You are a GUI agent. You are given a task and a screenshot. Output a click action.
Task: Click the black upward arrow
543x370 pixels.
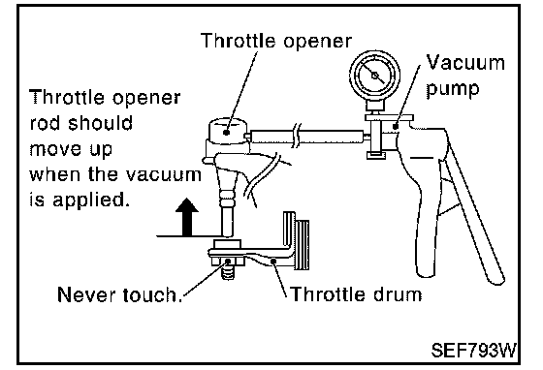pyautogui.click(x=187, y=217)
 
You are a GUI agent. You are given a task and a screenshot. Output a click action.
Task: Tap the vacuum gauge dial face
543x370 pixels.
pyautogui.click(x=374, y=75)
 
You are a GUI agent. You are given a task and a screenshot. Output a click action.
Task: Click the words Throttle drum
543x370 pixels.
pyautogui.click(x=356, y=294)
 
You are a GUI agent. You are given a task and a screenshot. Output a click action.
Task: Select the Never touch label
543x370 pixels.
pyautogui.click(x=120, y=294)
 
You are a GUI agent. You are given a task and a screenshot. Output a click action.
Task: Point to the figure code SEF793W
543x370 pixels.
pyautogui.click(x=474, y=350)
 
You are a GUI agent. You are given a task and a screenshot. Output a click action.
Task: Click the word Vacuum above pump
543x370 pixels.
pyautogui.click(x=465, y=63)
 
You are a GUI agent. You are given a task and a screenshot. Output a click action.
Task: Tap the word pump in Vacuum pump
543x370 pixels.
pyautogui.click(x=453, y=89)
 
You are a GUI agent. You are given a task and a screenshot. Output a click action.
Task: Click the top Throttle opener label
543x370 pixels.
pyautogui.click(x=276, y=41)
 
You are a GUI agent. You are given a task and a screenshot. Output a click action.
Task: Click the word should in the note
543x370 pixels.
pyautogui.click(x=101, y=123)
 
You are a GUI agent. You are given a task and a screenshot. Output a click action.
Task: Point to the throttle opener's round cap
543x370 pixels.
pyautogui.click(x=228, y=129)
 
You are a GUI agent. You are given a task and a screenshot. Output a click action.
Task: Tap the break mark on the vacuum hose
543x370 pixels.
pyautogui.click(x=297, y=136)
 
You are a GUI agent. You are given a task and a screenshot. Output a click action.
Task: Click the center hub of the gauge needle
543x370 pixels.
pyautogui.click(x=374, y=75)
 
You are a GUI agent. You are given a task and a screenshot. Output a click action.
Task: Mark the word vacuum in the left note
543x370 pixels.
pyautogui.click(x=163, y=174)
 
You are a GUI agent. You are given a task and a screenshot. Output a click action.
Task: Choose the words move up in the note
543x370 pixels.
pyautogui.click(x=71, y=149)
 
